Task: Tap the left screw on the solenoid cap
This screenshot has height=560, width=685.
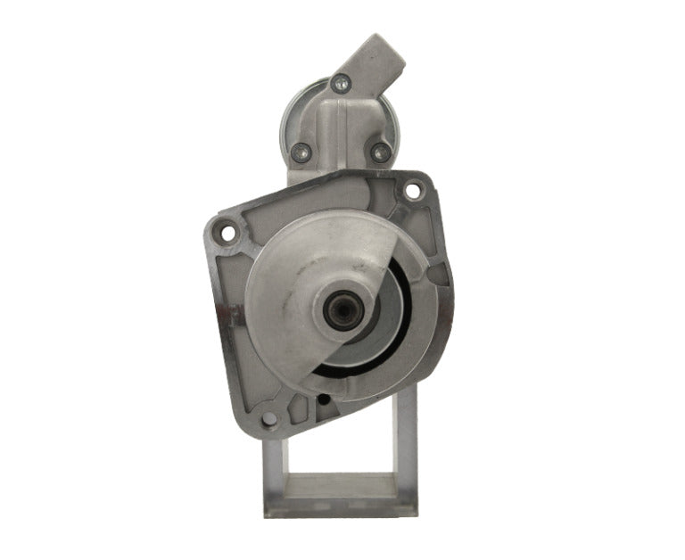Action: point(302,151)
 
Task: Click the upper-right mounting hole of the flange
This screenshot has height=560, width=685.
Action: point(413,190)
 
